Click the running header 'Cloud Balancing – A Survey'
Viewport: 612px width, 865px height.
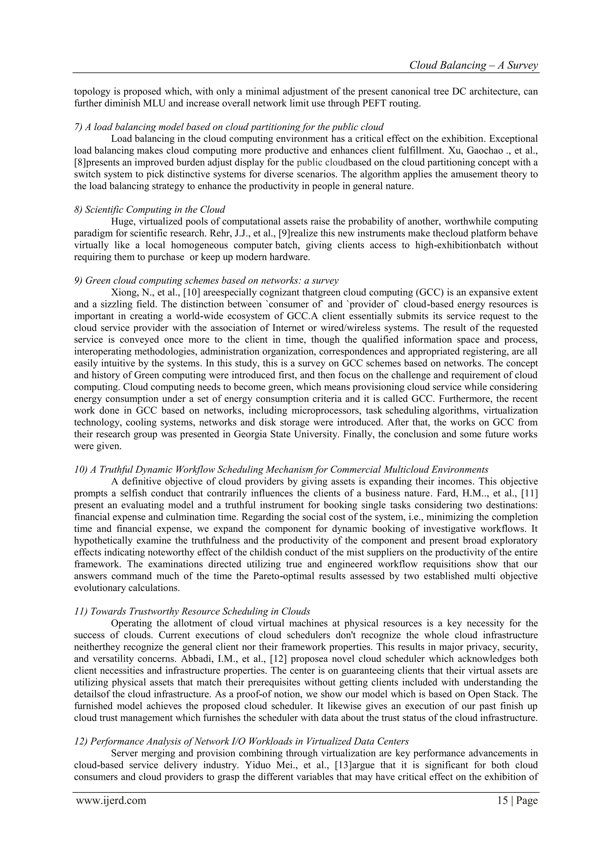[473, 65]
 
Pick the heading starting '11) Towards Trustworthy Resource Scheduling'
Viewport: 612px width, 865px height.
[192, 611]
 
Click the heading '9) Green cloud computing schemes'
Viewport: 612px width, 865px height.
[206, 281]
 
